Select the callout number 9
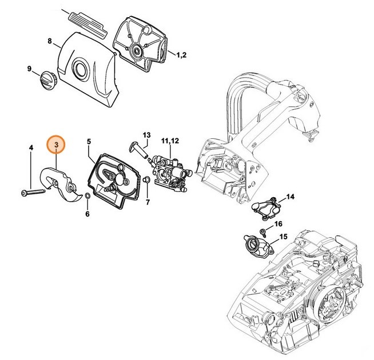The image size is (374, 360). (29, 70)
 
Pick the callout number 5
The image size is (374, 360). (89, 141)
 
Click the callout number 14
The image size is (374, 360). (290, 197)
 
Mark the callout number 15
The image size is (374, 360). (283, 237)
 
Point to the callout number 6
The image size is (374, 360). (87, 214)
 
